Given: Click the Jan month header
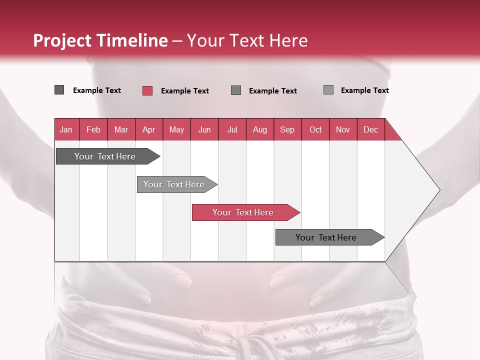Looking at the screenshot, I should (66, 129).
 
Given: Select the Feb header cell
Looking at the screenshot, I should (93, 129).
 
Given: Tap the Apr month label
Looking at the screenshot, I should (148, 129).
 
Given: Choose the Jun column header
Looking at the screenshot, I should (204, 129).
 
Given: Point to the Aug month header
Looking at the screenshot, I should (259, 129).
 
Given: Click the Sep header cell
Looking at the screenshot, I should (287, 129).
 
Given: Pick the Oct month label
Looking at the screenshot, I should (315, 129).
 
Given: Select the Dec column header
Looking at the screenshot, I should (370, 129).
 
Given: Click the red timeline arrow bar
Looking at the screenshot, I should (245, 212).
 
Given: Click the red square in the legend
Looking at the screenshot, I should (147, 90).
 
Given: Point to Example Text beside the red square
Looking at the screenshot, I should (184, 91).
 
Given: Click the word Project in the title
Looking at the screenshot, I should (62, 40).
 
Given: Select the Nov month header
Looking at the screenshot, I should (343, 129).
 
